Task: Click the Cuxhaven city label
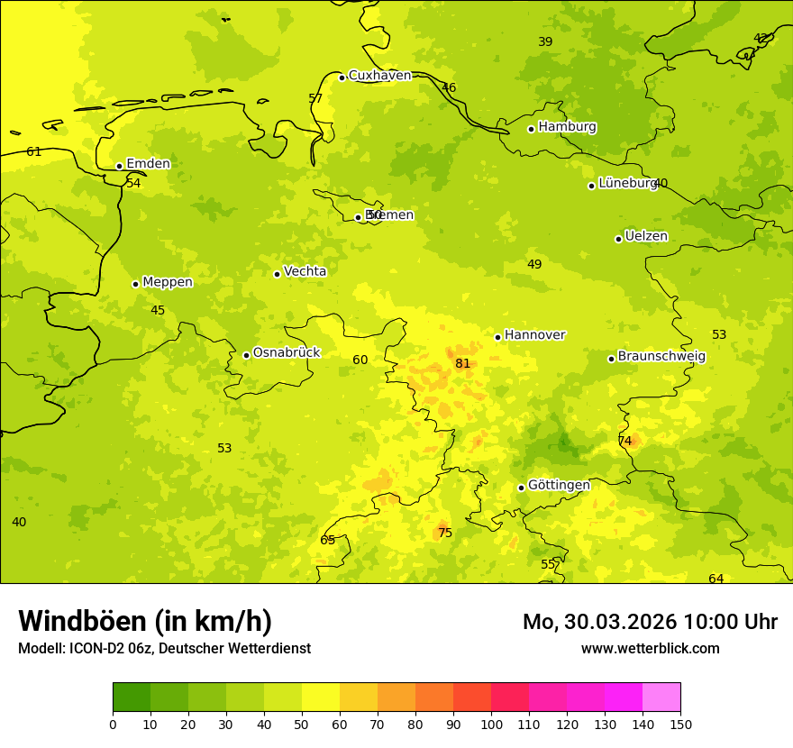379,76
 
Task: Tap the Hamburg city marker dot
532,129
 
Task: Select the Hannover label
534,335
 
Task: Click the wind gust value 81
462,364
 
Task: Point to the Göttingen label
559,486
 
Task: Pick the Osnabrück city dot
246,355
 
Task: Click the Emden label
148,164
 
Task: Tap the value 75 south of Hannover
445,534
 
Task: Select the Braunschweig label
661,357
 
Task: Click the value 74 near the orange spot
624,442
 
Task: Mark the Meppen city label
168,282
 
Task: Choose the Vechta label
305,271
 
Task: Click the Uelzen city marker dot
618,239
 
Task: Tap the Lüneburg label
627,183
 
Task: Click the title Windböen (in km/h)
145,621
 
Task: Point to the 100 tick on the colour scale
491,725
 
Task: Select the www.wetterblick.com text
650,649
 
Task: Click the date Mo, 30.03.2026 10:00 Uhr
650,622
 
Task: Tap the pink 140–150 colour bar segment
661,698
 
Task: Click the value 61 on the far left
34,152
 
